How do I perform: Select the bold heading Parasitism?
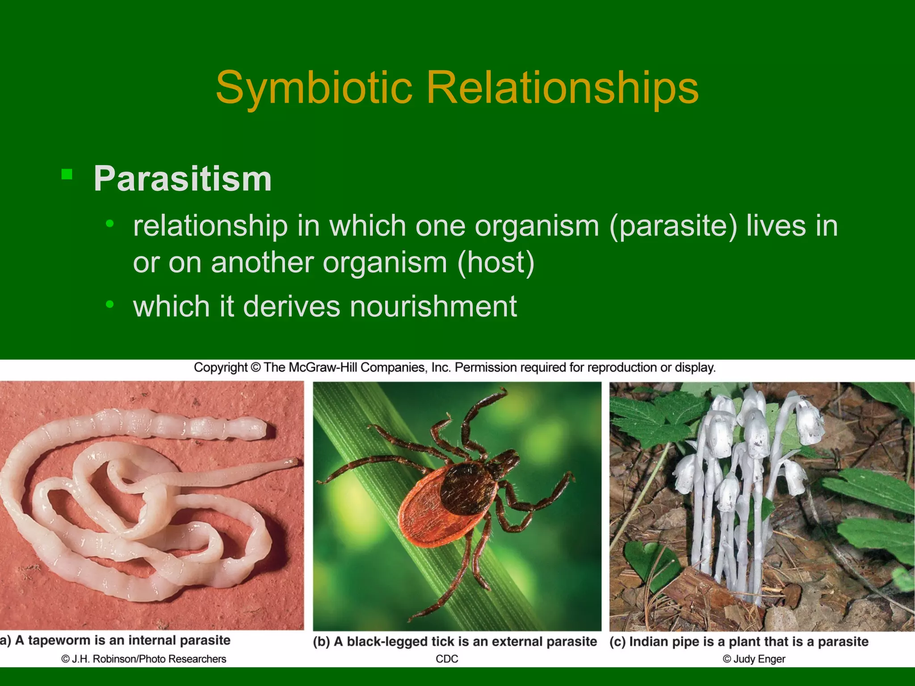[182, 179]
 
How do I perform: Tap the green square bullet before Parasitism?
[67, 174]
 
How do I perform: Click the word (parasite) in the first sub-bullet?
[673, 226]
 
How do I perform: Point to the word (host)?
[495, 262]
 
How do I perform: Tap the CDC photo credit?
[447, 659]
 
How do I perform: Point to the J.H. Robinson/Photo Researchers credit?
[144, 659]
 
